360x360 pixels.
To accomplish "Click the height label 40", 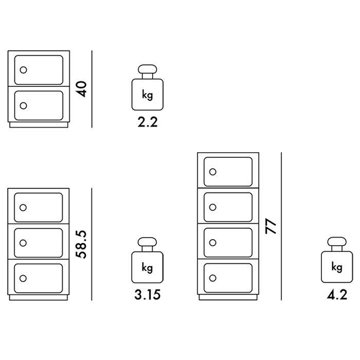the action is [x=82, y=89].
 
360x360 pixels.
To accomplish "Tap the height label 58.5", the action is [x=81, y=244].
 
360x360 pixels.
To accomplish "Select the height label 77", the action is [x=271, y=226].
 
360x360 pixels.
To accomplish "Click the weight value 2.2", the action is [x=148, y=122].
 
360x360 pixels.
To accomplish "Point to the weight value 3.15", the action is [x=148, y=295].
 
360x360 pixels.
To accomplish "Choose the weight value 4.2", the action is [x=337, y=295].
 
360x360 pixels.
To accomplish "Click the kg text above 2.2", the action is [x=148, y=95].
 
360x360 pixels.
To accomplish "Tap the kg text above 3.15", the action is [x=147, y=268].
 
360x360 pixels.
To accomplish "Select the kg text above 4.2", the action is [x=337, y=267].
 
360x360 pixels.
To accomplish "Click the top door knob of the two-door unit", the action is [x=24, y=70].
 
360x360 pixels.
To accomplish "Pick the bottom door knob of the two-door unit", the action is [x=24, y=105].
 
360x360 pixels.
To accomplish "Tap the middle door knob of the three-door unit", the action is [x=23, y=243].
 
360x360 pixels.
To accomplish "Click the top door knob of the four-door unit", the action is [x=213, y=172].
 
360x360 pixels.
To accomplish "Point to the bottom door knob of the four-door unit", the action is [x=213, y=278].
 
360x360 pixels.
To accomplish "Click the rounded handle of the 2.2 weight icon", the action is [x=148, y=69].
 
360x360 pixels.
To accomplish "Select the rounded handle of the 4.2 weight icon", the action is [x=337, y=242].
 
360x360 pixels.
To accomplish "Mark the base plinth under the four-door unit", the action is [x=228, y=297].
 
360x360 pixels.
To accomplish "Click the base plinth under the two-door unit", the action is [x=39, y=124].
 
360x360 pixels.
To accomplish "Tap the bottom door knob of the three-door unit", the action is [x=23, y=278].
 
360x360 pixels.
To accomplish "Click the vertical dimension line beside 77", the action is [x=281, y=226].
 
